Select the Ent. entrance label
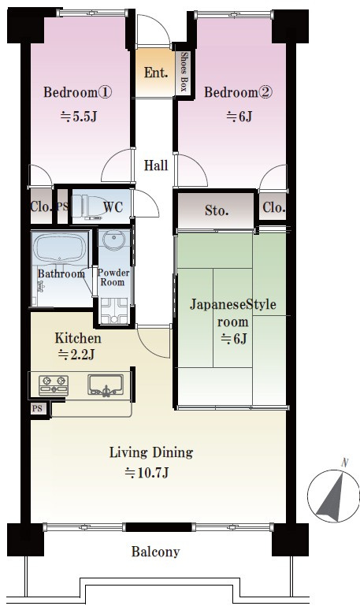[154, 72]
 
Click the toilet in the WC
[84, 207]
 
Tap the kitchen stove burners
[54, 385]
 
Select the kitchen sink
[104, 385]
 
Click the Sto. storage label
[217, 210]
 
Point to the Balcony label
[155, 552]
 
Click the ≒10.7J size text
[147, 473]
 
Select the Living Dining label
[150, 452]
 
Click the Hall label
[155, 166]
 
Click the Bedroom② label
[238, 93]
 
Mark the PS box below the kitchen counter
[37, 409]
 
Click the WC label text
[114, 208]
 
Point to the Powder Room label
[113, 277]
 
